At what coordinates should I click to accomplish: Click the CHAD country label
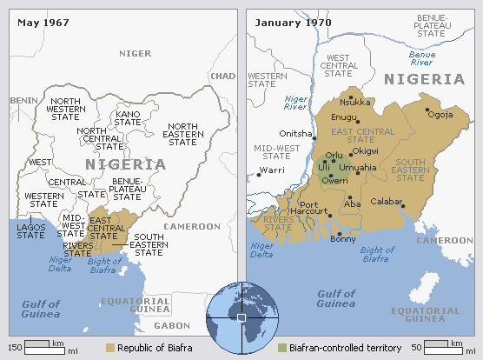pyautogui.click(x=222, y=77)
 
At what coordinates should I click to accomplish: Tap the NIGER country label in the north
pyautogui.click(x=135, y=54)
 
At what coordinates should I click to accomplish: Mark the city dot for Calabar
pyautogui.click(x=402, y=205)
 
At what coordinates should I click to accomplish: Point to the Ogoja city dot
pyautogui.click(x=427, y=110)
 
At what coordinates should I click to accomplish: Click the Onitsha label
pyautogui.click(x=293, y=133)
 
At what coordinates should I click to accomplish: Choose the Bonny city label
pyautogui.click(x=344, y=239)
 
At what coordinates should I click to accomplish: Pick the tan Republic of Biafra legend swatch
pyautogui.click(x=110, y=348)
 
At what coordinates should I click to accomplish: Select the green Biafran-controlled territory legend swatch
pyautogui.click(x=281, y=348)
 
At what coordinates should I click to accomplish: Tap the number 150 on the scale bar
pyautogui.click(x=15, y=347)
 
